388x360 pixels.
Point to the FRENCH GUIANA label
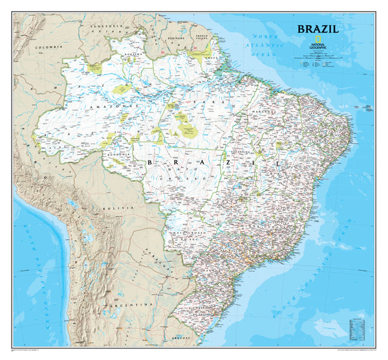pos(204,39)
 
